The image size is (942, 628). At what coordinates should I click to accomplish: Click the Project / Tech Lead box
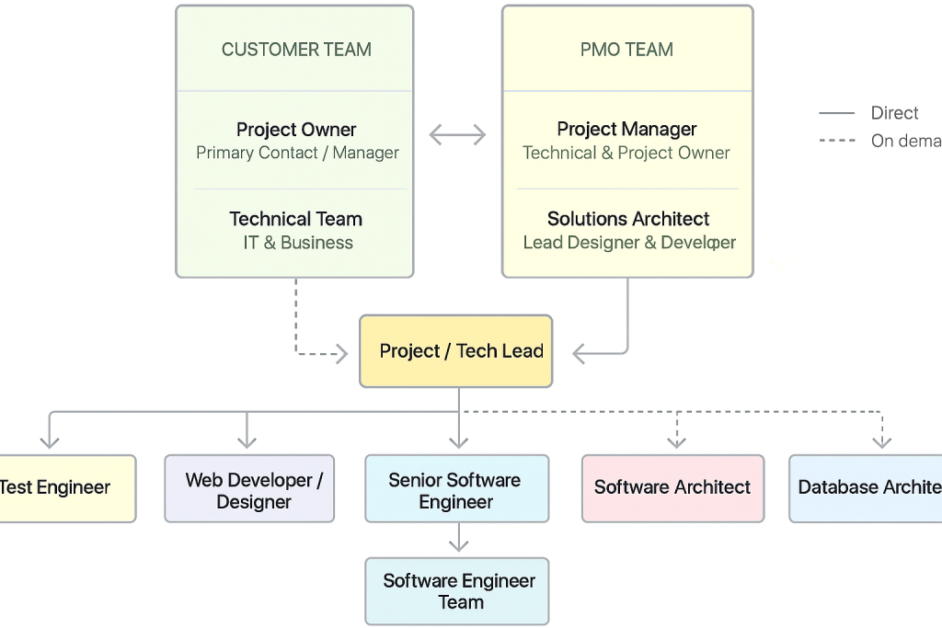pyautogui.click(x=456, y=351)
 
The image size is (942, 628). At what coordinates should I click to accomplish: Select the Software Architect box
pyautogui.click(x=672, y=488)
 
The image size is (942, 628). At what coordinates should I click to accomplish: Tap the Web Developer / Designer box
pyautogui.click(x=249, y=489)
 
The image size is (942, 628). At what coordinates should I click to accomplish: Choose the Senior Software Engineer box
pyautogui.click(x=456, y=489)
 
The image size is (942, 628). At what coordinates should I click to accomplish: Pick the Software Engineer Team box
pyautogui.click(x=457, y=591)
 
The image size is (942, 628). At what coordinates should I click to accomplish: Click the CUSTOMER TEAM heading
pyautogui.click(x=296, y=50)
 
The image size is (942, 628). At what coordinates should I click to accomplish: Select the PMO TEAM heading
pyautogui.click(x=626, y=50)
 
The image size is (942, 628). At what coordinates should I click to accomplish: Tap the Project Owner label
pyautogui.click(x=296, y=130)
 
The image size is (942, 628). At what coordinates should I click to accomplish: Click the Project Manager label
pyautogui.click(x=626, y=129)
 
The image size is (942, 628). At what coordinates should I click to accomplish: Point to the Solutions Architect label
pyautogui.click(x=628, y=219)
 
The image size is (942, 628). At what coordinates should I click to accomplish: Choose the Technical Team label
pyautogui.click(x=296, y=219)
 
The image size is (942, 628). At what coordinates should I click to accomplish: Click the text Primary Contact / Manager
pyautogui.click(x=297, y=153)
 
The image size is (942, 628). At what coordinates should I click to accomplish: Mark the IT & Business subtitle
pyautogui.click(x=298, y=243)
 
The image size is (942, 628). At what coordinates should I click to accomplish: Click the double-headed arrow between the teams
pyautogui.click(x=457, y=136)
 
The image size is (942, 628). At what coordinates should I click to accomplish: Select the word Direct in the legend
pyautogui.click(x=894, y=113)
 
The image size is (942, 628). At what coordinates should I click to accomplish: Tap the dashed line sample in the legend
pyautogui.click(x=837, y=141)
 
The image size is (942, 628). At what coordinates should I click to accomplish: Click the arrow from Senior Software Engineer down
pyautogui.click(x=457, y=539)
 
